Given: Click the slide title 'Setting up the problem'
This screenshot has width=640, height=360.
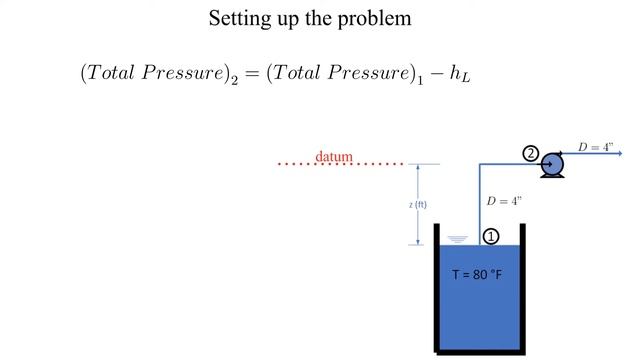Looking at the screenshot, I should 310,18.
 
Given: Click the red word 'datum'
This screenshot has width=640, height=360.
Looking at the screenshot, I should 334,156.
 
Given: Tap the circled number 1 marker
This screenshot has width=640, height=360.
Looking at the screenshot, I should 491,236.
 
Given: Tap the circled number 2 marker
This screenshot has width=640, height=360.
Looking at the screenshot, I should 531,154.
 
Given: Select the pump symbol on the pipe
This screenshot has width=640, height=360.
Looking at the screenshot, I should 551,165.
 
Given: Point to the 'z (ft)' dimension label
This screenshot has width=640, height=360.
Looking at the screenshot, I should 418,205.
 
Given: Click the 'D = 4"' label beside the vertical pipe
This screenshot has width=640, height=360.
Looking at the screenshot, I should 504,201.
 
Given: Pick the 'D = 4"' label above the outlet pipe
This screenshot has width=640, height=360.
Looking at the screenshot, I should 596,147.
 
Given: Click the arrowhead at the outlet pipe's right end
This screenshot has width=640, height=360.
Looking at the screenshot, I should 619,154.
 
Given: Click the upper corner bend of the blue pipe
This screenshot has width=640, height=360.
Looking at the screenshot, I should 480,165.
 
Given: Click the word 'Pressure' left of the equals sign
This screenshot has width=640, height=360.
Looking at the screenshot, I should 190,73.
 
